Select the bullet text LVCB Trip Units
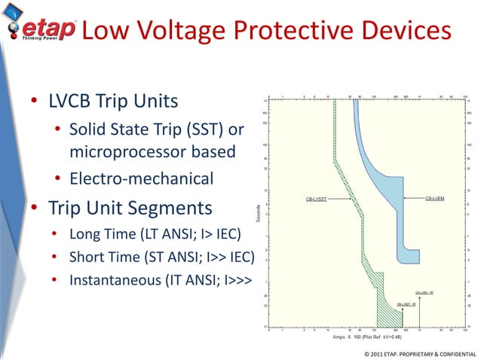(x=114, y=101)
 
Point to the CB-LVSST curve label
(x=316, y=200)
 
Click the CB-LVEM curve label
(x=435, y=198)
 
